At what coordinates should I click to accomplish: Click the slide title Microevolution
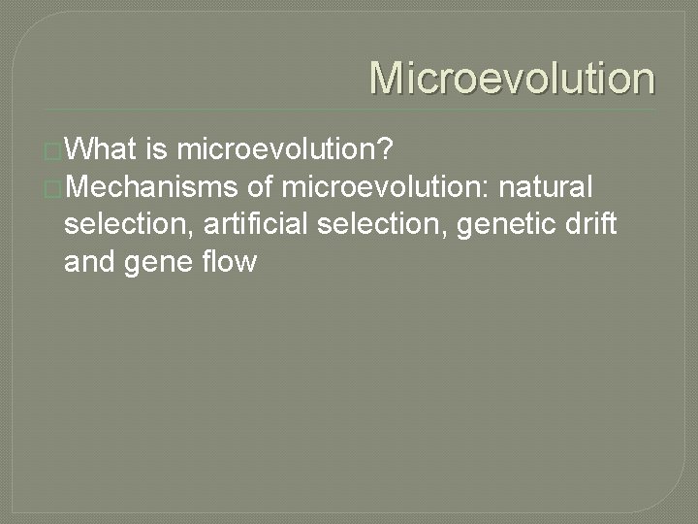point(512,78)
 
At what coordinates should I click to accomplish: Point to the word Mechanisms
point(156,185)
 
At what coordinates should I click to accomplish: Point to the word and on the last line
point(88,261)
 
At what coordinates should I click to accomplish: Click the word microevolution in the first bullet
point(280,149)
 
